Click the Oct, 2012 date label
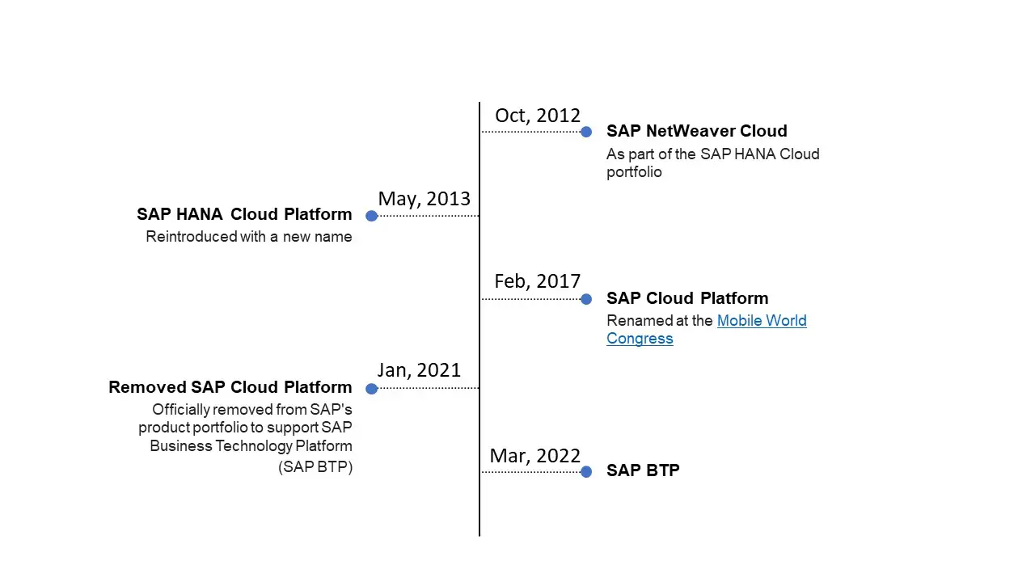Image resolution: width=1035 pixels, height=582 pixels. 538,116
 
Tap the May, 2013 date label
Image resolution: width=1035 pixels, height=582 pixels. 424,199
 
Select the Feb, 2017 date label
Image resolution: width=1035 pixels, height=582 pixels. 538,281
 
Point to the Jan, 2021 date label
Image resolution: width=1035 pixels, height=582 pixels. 419,370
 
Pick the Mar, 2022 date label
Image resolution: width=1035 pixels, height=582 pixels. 535,456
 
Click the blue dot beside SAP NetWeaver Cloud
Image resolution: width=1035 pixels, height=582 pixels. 586,132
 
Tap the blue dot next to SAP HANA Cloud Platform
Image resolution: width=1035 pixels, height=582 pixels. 371,216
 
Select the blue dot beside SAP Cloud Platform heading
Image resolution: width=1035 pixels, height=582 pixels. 586,299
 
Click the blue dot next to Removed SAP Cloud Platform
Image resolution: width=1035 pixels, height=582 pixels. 371,389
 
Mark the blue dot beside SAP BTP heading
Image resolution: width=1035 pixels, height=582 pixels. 586,472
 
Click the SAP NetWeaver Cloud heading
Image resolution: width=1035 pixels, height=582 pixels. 696,131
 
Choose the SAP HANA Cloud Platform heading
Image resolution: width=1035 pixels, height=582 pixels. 244,214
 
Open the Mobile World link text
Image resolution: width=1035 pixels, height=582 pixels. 762,321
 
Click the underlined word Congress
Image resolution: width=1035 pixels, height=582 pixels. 640,339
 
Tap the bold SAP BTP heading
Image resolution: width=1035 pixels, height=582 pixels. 643,470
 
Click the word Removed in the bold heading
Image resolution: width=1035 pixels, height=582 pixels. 147,387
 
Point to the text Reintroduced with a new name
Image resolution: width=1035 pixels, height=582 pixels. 249,237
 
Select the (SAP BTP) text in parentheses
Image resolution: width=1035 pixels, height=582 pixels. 315,467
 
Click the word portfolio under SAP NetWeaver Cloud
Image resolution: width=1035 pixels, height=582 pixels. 634,172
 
